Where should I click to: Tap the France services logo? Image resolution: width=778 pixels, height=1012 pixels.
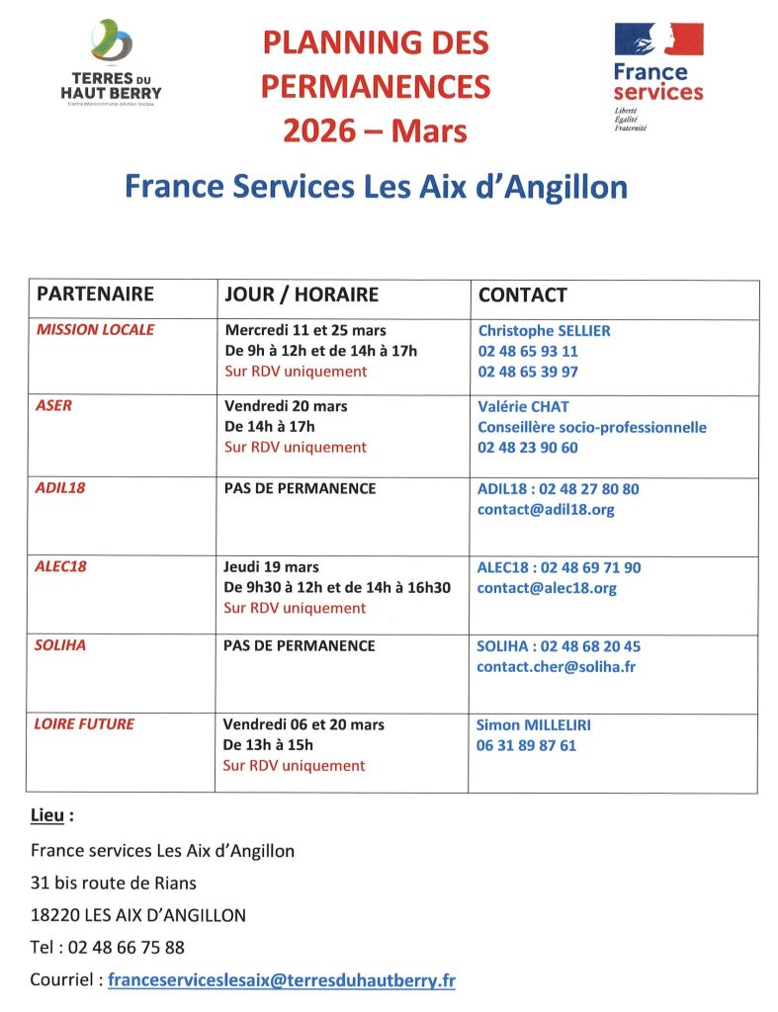click(x=658, y=74)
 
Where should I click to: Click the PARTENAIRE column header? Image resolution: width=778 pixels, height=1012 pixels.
click(x=95, y=295)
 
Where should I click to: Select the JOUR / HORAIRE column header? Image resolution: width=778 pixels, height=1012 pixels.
click(x=302, y=295)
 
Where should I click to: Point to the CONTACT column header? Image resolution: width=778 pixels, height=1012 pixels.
click(x=522, y=295)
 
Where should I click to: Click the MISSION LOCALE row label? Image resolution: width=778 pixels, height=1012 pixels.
click(x=95, y=330)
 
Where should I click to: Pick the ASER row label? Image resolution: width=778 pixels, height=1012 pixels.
click(x=54, y=405)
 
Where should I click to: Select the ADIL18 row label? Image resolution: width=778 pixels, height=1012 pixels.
click(x=60, y=488)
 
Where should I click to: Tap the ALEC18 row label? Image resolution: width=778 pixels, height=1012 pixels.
click(x=61, y=567)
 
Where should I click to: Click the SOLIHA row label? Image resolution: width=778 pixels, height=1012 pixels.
click(x=61, y=645)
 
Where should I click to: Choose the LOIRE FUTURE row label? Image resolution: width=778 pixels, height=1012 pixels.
click(x=85, y=723)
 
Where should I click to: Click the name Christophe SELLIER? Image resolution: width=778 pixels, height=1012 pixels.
click(x=544, y=330)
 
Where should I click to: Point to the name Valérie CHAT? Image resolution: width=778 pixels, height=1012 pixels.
click(x=523, y=406)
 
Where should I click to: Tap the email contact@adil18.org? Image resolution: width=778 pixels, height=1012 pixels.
click(x=546, y=510)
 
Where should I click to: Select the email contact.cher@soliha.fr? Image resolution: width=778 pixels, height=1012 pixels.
click(x=556, y=667)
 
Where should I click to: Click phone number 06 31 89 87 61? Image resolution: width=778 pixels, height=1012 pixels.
click(x=526, y=745)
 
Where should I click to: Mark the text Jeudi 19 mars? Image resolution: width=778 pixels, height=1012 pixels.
click(x=271, y=567)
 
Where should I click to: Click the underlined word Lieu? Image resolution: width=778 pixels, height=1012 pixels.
click(x=51, y=816)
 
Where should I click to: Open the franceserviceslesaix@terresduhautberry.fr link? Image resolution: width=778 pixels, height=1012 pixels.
click(x=282, y=980)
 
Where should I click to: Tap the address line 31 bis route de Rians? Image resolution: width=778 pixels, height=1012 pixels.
click(x=114, y=883)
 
